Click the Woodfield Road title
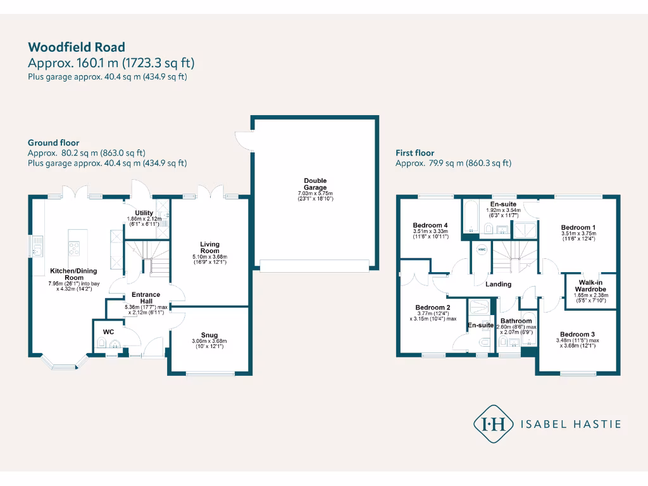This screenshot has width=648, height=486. pyautogui.click(x=77, y=47)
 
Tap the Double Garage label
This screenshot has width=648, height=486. pyautogui.click(x=315, y=184)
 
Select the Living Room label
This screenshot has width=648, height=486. pyautogui.click(x=210, y=247)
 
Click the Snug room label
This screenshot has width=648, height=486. pyautogui.click(x=210, y=335)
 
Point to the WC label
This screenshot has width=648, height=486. pyautogui.click(x=108, y=330)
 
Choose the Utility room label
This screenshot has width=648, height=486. pyautogui.click(x=144, y=213)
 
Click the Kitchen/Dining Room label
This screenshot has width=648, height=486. pyautogui.click(x=66, y=274)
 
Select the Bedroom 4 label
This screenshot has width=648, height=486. pyautogui.click(x=430, y=225)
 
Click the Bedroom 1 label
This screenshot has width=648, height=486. pyautogui.click(x=578, y=227)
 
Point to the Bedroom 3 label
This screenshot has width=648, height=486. pyautogui.click(x=576, y=334)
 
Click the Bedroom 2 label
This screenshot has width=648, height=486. pyautogui.click(x=433, y=308)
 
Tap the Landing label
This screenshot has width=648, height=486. pyautogui.click(x=498, y=284)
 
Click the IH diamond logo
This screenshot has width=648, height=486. pyautogui.click(x=494, y=424)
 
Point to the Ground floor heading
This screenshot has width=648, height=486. pyautogui.click(x=53, y=143)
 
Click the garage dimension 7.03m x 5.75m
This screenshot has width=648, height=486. pyautogui.click(x=315, y=193)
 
